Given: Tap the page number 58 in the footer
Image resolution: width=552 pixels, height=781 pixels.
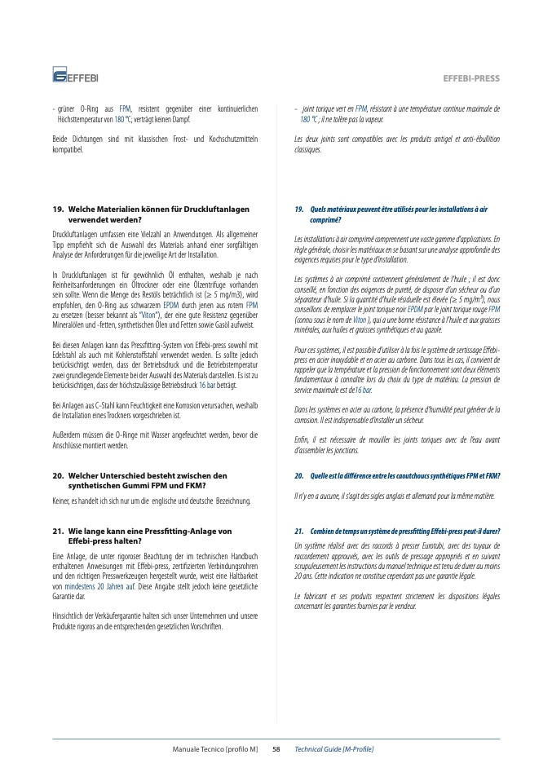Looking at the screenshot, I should (x=276, y=748).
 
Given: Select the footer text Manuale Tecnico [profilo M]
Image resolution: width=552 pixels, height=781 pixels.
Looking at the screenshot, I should (x=214, y=748).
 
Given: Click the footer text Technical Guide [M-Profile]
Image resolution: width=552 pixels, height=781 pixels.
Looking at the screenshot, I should (x=333, y=748).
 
